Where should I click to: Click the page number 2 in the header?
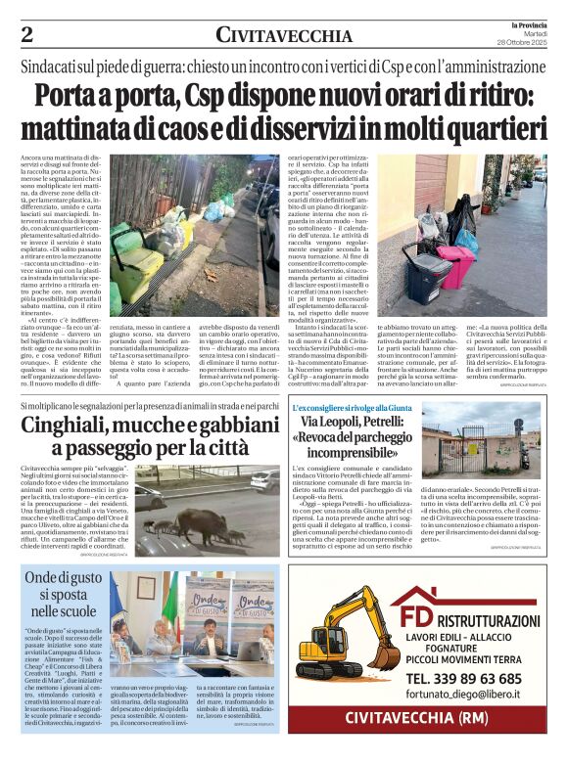coord(27,34)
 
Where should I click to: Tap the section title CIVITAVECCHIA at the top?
coord(284,36)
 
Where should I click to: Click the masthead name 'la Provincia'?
coord(526,22)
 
